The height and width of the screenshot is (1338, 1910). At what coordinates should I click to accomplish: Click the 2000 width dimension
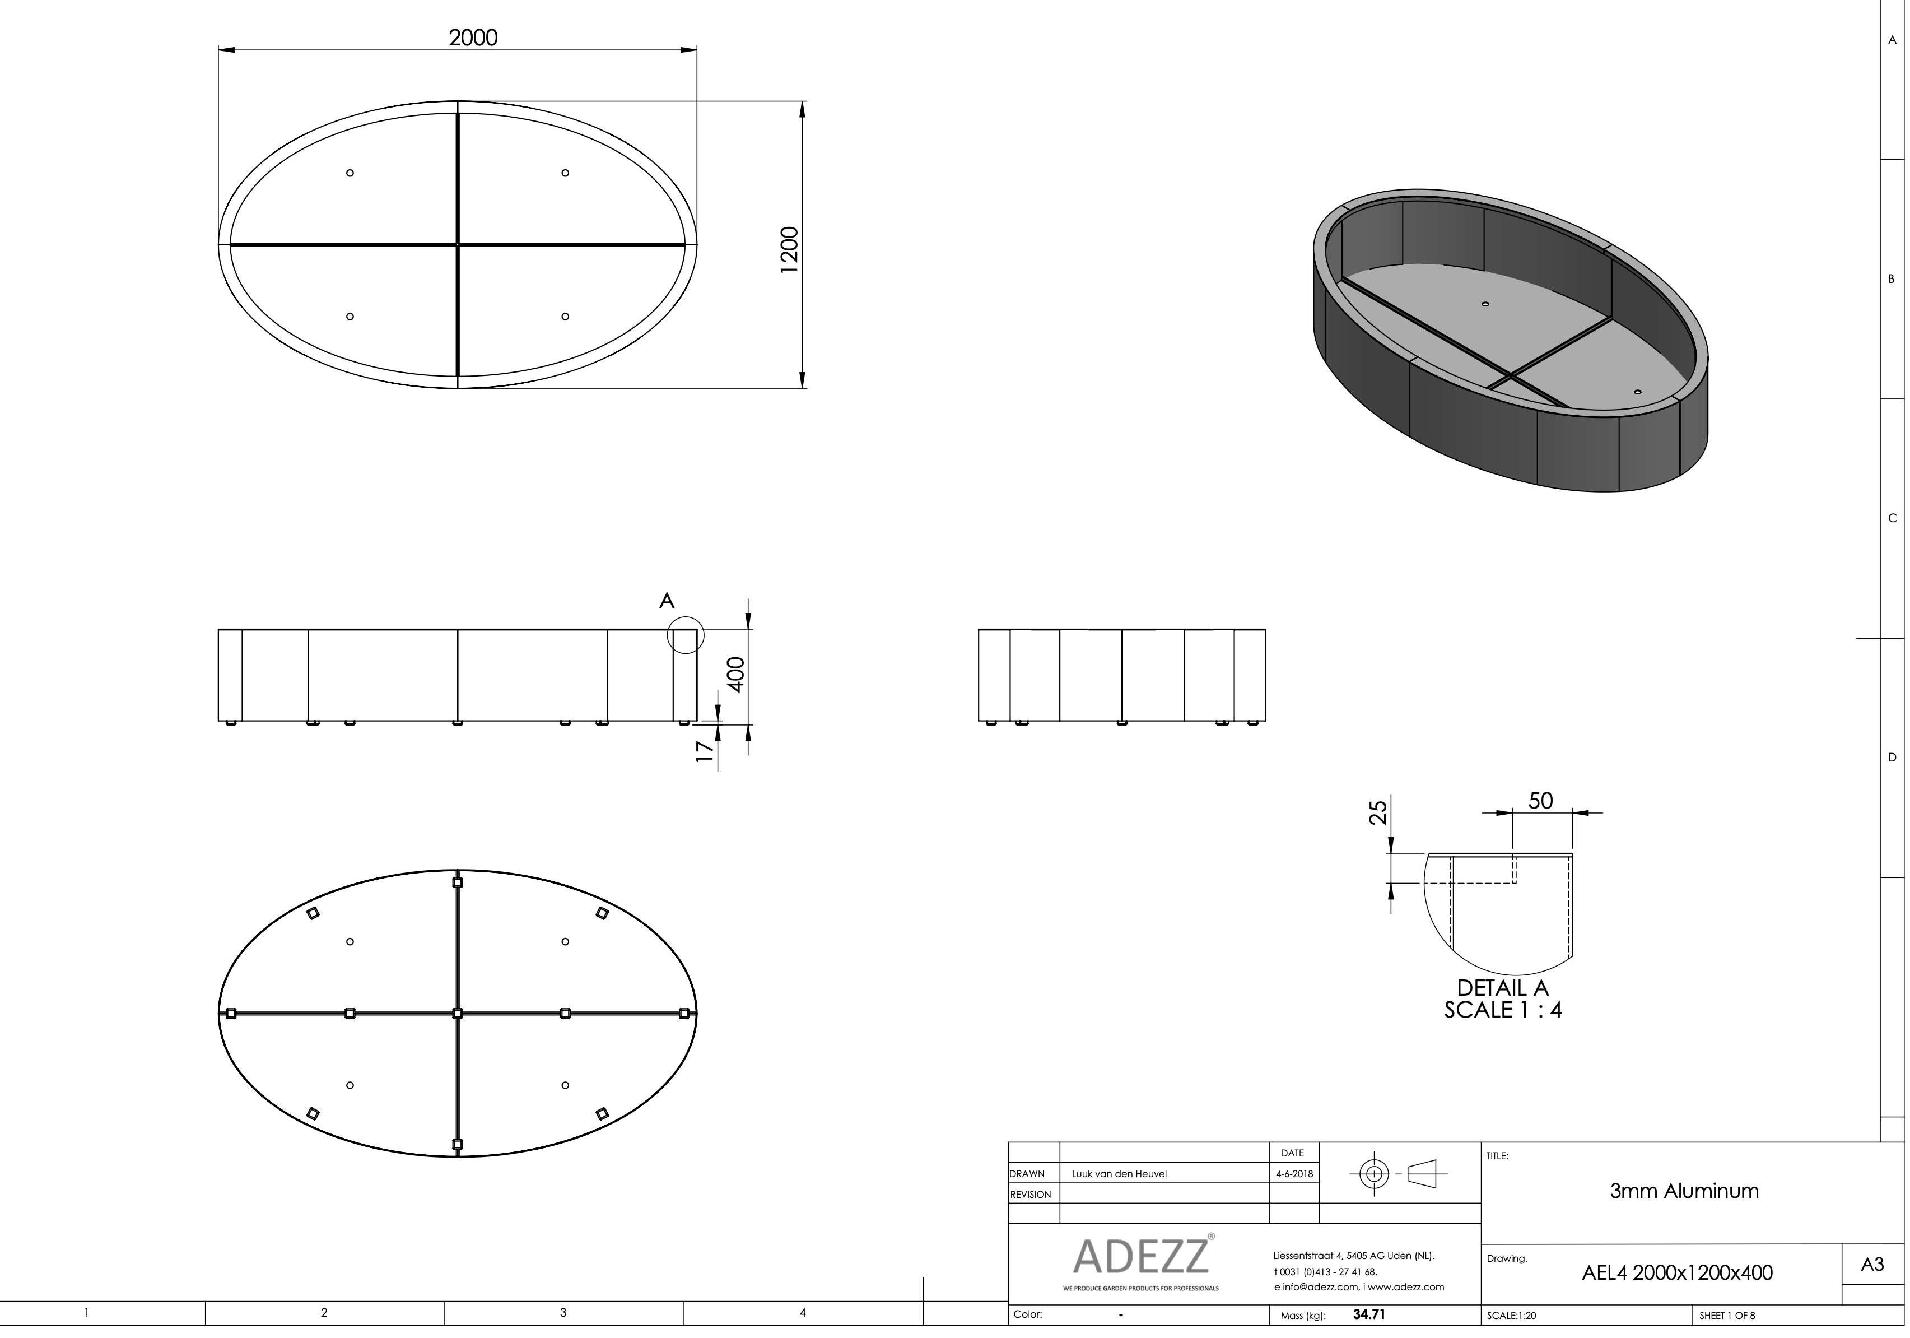[473, 38]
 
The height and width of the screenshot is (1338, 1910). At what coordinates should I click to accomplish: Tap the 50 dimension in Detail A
[1540, 801]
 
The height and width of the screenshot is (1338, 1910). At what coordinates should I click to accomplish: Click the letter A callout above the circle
[667, 601]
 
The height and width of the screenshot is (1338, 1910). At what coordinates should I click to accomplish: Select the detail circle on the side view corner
[686, 635]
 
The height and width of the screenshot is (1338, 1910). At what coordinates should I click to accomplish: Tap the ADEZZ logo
[1140, 1256]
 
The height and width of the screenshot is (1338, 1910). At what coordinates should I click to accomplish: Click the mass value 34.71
[1368, 1314]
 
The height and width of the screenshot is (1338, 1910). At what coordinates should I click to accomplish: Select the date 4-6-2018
[1293, 1174]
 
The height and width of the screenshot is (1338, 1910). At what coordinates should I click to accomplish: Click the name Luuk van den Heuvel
[1119, 1174]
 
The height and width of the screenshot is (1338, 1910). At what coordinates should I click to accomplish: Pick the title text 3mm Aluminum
[1684, 1191]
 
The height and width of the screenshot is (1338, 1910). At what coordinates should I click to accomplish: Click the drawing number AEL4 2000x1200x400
[1676, 1272]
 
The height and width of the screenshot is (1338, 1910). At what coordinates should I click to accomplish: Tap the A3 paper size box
[1872, 1265]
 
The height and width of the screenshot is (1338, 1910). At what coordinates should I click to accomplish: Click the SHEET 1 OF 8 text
[1727, 1316]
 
